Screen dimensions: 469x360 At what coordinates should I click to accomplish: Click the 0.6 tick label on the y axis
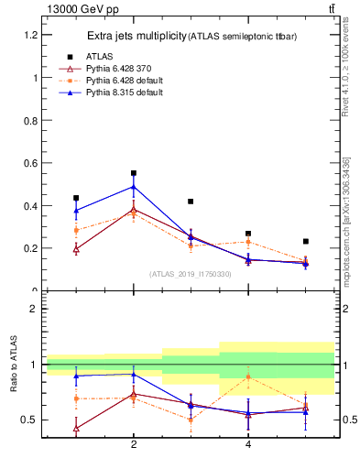(28, 163)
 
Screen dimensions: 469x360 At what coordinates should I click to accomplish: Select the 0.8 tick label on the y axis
(28, 120)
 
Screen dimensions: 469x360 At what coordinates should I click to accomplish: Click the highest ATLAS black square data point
(134, 173)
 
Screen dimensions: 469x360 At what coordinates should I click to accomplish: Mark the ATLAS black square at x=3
(191, 202)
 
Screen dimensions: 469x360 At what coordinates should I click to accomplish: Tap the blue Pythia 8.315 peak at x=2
(134, 187)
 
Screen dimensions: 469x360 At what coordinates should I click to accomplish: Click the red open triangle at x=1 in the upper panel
(76, 248)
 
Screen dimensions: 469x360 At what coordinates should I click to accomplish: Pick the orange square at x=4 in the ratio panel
(248, 376)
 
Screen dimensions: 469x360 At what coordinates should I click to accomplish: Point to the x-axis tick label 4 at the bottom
(248, 444)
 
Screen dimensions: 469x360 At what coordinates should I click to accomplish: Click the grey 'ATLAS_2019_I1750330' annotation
(191, 274)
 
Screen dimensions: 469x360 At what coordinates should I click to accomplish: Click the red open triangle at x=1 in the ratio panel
(76, 428)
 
